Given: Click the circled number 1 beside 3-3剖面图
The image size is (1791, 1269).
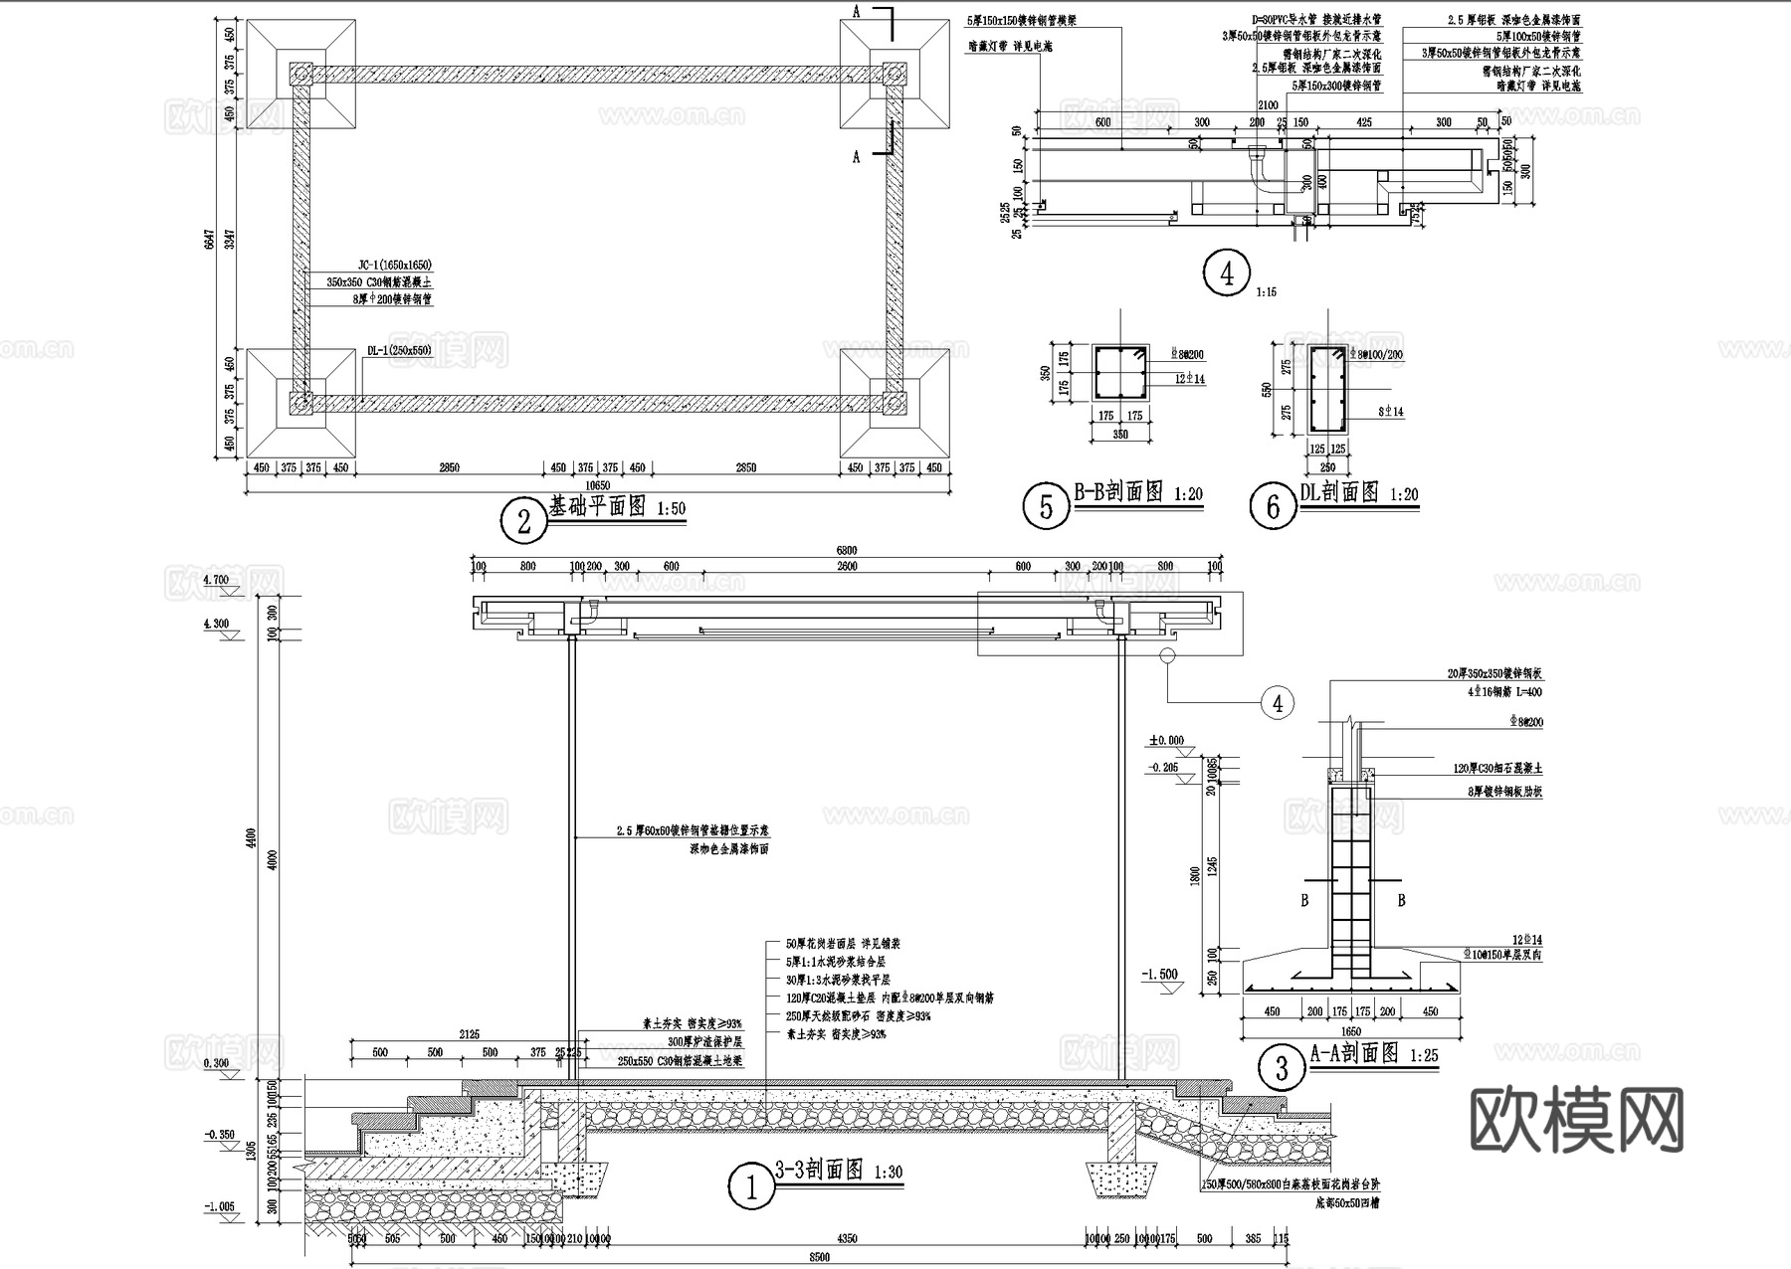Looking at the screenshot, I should click(751, 1186).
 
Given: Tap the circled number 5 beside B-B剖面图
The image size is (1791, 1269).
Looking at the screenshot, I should click(1046, 507).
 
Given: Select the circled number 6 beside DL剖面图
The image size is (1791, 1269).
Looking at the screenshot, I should click(1273, 507).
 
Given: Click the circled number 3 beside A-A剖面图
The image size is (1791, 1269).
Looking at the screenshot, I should click(1282, 1068).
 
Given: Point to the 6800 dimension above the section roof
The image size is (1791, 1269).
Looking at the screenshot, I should click(846, 550).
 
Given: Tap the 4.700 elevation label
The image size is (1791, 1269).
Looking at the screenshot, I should click(216, 580).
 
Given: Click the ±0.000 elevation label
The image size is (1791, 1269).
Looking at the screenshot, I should click(1165, 740).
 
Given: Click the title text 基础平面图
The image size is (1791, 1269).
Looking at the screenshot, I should click(600, 506).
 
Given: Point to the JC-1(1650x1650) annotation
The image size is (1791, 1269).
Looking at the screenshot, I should click(394, 266).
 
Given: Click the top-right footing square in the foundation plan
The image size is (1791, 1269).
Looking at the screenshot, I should click(894, 75).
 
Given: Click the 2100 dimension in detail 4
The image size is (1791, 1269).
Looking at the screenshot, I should click(1268, 105).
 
